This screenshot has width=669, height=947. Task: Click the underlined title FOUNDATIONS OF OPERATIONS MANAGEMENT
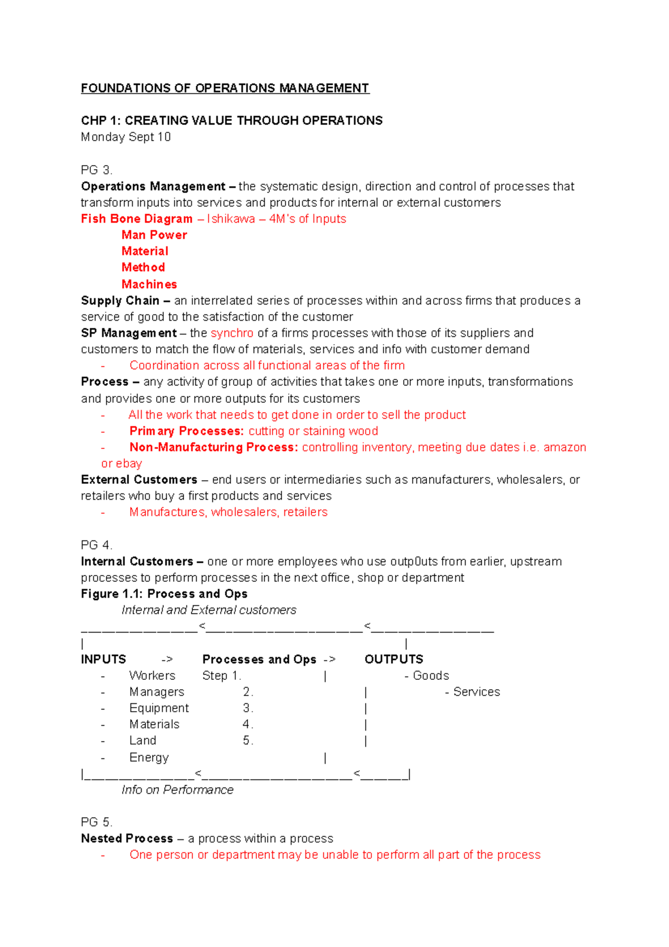pyautogui.click(x=225, y=88)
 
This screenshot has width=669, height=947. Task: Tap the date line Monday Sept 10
pyautogui.click(x=125, y=137)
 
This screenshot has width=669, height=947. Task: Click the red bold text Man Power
pyautogui.click(x=154, y=235)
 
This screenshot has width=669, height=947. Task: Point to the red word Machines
pyautogui.click(x=149, y=284)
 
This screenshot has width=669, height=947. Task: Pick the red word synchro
pyautogui.click(x=232, y=333)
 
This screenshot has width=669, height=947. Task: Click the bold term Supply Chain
pyautogui.click(x=120, y=301)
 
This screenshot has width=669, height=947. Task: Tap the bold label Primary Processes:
pyautogui.click(x=186, y=431)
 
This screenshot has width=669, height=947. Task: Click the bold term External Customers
pyautogui.click(x=139, y=480)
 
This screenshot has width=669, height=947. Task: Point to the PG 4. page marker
pyautogui.click(x=96, y=545)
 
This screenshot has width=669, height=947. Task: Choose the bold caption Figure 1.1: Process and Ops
pyautogui.click(x=164, y=594)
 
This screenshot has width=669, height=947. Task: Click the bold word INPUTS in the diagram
pyautogui.click(x=104, y=659)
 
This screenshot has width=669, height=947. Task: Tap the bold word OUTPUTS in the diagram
pyautogui.click(x=394, y=659)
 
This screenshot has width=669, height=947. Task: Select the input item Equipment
pyautogui.click(x=159, y=708)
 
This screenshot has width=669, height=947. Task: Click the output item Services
pyautogui.click(x=476, y=692)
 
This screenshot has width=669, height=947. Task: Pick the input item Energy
pyautogui.click(x=149, y=757)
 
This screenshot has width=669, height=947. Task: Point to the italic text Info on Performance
pyautogui.click(x=177, y=790)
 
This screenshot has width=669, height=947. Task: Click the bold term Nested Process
pyautogui.click(x=127, y=839)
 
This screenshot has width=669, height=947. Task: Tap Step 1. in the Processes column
pyautogui.click(x=221, y=676)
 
